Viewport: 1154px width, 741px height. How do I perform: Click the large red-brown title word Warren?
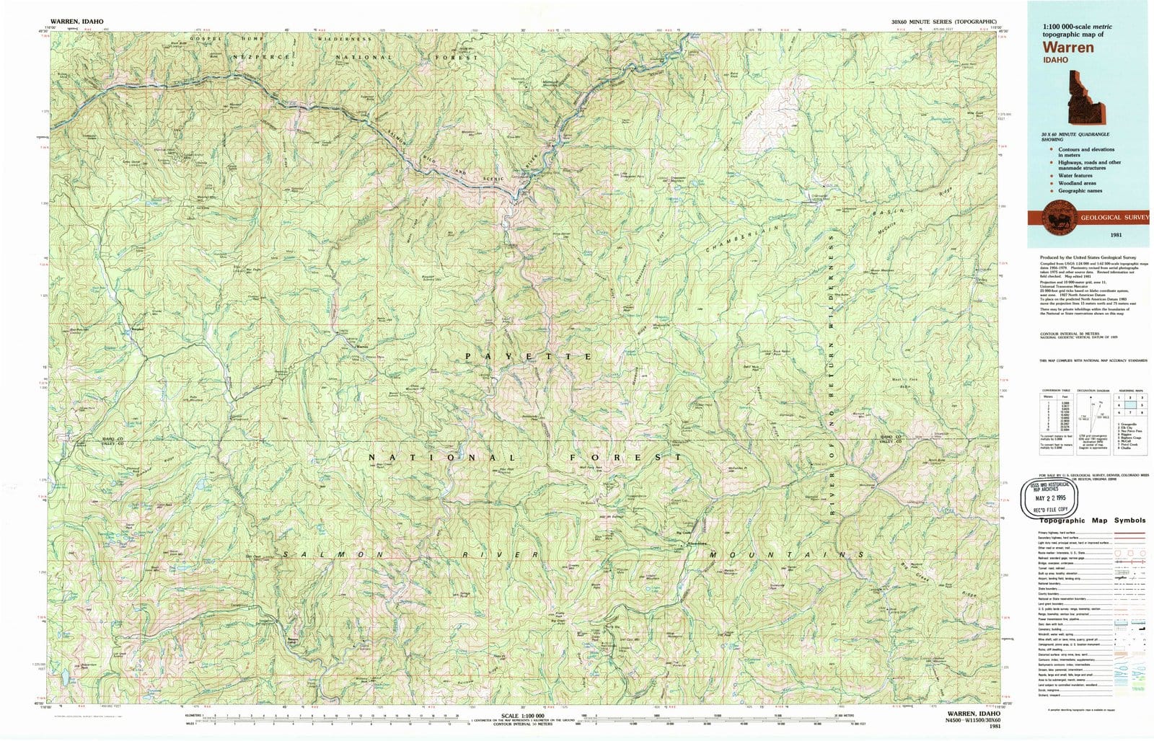click(1067, 48)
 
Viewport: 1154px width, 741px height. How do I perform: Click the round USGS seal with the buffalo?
click(1056, 218)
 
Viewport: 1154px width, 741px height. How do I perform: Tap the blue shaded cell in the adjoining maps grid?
click(1129, 405)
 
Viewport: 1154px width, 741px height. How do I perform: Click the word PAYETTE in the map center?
click(529, 357)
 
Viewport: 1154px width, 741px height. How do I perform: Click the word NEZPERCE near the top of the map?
click(261, 57)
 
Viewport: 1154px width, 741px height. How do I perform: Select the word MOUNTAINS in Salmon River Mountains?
click(787, 554)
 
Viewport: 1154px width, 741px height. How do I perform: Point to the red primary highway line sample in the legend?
click(1129, 533)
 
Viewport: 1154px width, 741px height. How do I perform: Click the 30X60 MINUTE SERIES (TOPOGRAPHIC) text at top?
click(943, 22)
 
